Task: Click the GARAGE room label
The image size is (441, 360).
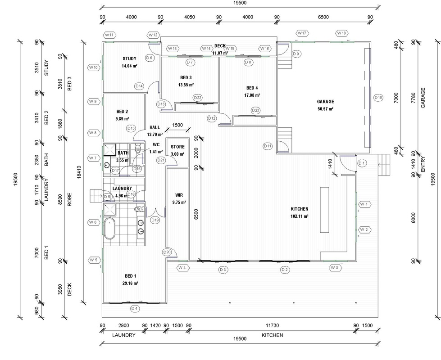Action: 325,101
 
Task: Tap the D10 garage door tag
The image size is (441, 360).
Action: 378,98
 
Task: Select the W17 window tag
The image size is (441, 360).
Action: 302,33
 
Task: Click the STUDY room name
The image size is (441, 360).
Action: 129,58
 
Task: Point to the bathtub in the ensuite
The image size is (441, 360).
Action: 109,229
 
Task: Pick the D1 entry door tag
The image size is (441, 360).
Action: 362,163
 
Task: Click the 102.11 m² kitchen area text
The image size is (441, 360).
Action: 299,216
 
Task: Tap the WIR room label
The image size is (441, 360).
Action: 179,195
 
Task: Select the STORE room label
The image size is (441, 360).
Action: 177,147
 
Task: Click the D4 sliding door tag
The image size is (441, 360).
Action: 135,309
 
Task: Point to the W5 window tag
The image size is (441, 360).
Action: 94,260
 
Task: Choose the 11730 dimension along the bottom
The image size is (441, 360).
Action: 272,325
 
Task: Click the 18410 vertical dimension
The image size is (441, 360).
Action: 79,172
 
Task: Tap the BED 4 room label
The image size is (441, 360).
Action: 252,88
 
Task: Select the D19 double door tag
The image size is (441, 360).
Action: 155,220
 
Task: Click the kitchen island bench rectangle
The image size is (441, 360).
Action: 325,210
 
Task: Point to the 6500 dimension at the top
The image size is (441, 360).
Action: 323,17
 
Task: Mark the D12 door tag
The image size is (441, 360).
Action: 212,118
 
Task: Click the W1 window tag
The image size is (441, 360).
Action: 364,204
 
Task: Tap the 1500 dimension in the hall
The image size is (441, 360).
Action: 177,125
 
